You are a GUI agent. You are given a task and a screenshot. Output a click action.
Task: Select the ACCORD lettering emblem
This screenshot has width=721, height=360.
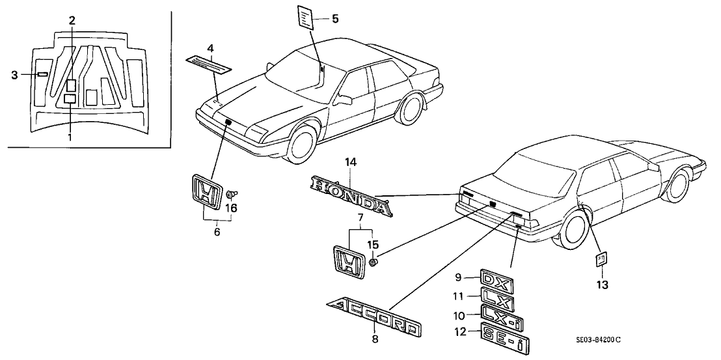point(372,318)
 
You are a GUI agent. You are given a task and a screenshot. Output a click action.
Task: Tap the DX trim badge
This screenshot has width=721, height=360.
point(497,280)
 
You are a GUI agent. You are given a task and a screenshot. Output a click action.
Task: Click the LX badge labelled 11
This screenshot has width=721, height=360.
point(498,299)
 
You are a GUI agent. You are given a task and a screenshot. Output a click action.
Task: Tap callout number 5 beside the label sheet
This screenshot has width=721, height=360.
point(336,20)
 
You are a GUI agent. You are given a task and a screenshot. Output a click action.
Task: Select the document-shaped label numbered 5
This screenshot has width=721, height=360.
point(307,17)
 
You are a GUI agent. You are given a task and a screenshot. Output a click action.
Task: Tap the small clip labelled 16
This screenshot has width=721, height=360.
point(231,194)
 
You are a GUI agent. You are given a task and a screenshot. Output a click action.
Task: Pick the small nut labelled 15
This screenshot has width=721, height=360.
point(374,262)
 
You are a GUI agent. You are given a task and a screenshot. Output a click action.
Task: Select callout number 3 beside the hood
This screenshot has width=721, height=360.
point(15,75)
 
